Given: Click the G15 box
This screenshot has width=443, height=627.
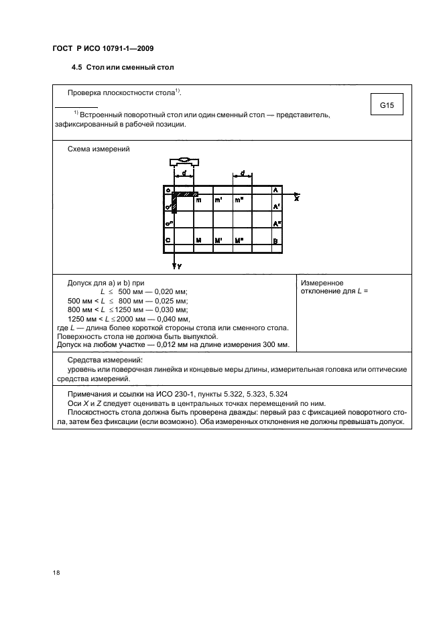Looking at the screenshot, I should (x=386, y=105).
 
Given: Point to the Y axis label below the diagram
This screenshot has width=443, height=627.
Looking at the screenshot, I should (x=180, y=266).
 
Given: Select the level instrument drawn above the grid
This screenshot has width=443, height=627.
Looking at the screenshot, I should (x=184, y=161).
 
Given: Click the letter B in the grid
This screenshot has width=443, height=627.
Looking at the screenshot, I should (x=275, y=240).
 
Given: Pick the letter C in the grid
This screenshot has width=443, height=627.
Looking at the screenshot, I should (x=168, y=240).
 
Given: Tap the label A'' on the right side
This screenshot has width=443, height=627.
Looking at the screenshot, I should (x=276, y=224).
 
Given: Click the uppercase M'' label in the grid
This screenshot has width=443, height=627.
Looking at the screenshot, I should (x=239, y=240).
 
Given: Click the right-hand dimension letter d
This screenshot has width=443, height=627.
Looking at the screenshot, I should (x=242, y=172).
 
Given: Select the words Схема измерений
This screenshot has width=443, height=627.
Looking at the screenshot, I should (x=99, y=149).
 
